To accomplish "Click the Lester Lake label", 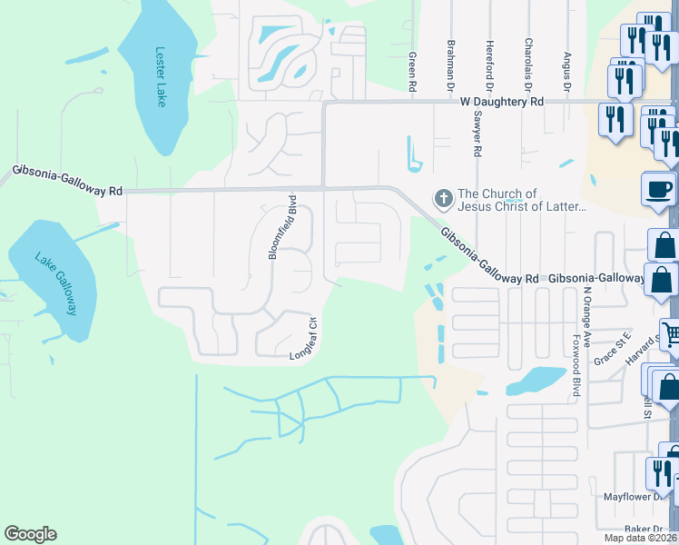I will click(162, 77).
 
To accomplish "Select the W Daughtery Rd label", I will click(501, 103).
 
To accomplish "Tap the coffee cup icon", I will click(658, 189).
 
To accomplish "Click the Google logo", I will click(30, 534).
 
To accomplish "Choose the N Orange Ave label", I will click(587, 314).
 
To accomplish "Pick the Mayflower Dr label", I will click(635, 497).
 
